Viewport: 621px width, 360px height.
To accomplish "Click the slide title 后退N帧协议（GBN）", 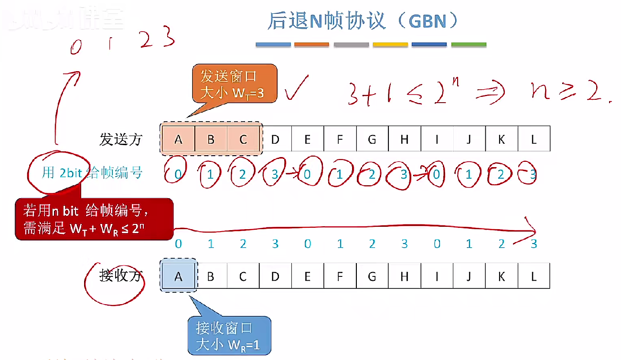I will point(363,21).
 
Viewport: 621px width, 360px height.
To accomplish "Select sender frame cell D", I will point(275,139).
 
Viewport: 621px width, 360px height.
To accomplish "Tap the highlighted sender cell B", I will point(211,139).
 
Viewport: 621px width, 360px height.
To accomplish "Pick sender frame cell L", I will point(534,139).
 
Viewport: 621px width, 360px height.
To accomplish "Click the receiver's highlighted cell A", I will point(178,276).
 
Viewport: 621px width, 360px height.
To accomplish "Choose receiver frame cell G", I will point(372,276).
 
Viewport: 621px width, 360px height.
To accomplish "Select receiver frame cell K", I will point(502,276).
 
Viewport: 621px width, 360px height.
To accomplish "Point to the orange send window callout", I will point(235,84).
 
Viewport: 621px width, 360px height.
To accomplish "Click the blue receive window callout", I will point(229,336).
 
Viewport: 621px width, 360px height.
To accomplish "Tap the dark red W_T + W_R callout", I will point(94,219).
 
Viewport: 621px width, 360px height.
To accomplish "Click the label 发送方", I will point(121,139).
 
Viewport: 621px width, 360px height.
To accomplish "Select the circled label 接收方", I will point(121,276).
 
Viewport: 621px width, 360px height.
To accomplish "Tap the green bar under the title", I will point(469,45).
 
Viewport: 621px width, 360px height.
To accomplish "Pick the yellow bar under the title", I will point(390,45).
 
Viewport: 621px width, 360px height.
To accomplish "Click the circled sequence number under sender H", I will point(404,175).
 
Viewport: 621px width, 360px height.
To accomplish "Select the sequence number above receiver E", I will point(308,244).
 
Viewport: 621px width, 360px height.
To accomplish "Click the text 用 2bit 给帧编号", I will point(92,172).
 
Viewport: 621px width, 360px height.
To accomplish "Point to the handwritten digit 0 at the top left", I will point(76,47).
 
